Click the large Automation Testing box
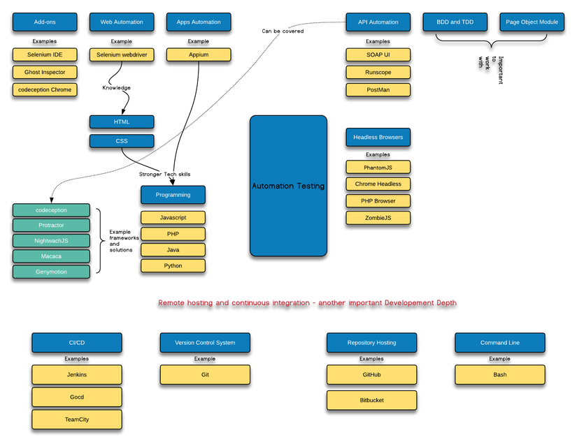(288, 186)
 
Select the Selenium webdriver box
(122, 54)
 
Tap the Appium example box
(199, 54)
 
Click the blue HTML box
(122, 122)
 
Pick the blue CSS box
(122, 141)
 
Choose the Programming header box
(173, 195)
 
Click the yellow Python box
(173, 265)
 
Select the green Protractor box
(51, 226)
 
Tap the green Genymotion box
(51, 272)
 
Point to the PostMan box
(378, 89)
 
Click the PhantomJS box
(378, 168)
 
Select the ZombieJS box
(378, 218)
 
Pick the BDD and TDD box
(455, 22)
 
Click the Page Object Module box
(532, 22)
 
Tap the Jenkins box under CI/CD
(77, 374)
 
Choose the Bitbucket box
(371, 400)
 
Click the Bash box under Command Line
(499, 374)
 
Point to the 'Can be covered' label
(283, 31)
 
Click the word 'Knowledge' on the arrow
(116, 87)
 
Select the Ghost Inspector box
(45, 72)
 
